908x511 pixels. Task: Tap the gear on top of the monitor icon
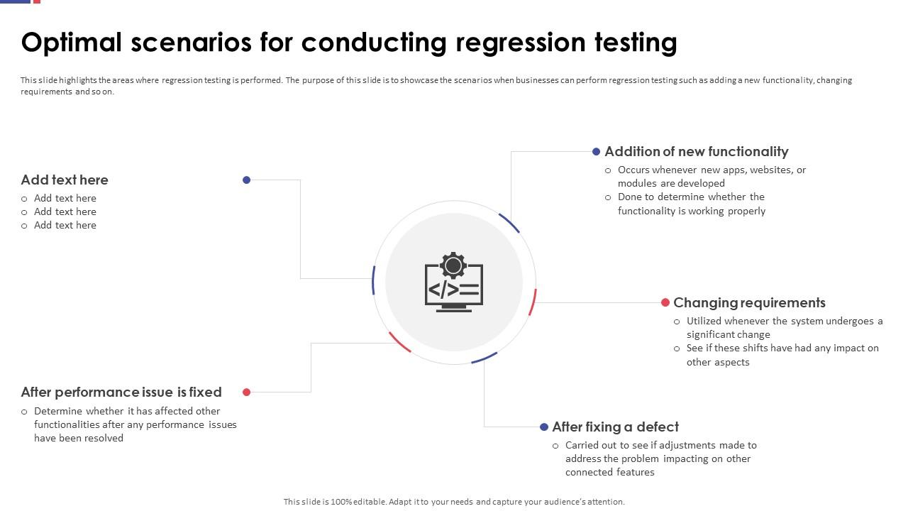tap(453, 265)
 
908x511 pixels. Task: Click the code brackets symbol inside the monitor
tap(443, 290)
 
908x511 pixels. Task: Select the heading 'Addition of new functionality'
tap(697, 152)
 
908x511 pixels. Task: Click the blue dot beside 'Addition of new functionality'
tap(596, 152)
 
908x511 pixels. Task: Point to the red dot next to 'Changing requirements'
tap(665, 302)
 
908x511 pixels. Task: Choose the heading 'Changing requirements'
tap(749, 303)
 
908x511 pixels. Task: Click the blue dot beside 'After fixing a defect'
tap(544, 427)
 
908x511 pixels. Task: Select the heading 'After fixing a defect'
tap(615, 427)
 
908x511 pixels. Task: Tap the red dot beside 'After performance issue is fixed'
tap(246, 392)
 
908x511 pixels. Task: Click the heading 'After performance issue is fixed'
tap(121, 392)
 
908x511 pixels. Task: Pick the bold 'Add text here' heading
tap(65, 180)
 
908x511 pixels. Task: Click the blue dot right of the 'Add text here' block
tap(246, 180)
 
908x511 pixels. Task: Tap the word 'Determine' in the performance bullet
tap(58, 411)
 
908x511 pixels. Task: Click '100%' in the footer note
tap(341, 502)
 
